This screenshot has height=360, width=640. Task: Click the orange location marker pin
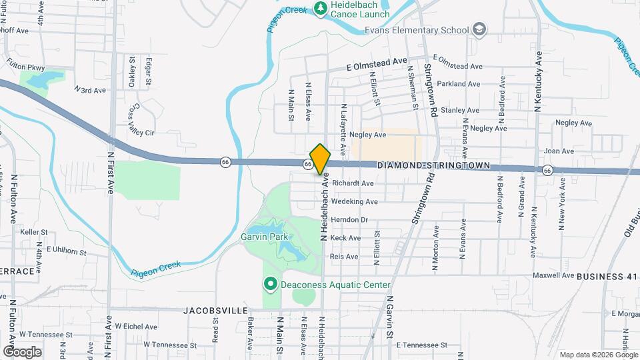pyautogui.click(x=320, y=159)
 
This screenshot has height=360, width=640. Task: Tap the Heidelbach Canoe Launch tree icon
pyautogui.click(x=321, y=8)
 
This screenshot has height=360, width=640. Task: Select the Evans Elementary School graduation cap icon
pyautogui.click(x=479, y=29)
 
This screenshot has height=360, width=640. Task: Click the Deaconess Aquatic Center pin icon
pyautogui.click(x=270, y=285)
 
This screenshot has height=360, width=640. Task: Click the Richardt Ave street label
pyautogui.click(x=353, y=183)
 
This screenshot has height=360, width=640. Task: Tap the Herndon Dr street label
pyautogui.click(x=349, y=219)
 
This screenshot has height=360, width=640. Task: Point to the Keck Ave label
pyautogui.click(x=345, y=238)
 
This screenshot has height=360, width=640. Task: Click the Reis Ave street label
pyautogui.click(x=344, y=256)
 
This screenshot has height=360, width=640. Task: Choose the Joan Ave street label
pyautogui.click(x=559, y=151)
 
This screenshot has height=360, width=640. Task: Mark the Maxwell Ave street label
pyautogui.click(x=553, y=275)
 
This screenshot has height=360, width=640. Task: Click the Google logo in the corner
pyautogui.click(x=22, y=351)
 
